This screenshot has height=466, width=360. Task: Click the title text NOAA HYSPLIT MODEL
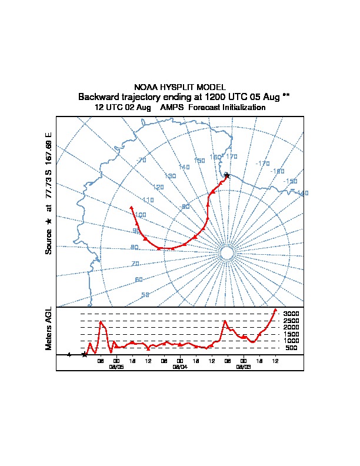click(179, 87)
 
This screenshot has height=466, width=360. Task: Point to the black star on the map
click(227, 175)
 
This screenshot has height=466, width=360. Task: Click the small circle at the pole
click(226, 253)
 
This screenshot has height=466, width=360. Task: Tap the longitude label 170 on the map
click(231, 157)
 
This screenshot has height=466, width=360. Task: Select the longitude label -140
click(302, 193)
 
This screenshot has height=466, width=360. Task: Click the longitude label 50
click(145, 295)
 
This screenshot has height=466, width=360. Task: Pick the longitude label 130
click(171, 176)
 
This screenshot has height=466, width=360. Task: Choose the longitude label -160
click(278, 171)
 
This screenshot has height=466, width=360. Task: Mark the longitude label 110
click(148, 200)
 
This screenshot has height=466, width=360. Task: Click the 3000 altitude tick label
click(291, 314)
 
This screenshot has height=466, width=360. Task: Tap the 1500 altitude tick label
click(291, 334)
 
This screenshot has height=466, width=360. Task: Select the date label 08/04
click(180, 366)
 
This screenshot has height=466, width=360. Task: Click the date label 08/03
click(243, 366)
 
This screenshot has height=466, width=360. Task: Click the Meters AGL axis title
click(49, 328)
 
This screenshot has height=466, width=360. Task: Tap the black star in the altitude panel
click(85, 354)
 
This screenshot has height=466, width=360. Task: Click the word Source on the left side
click(49, 241)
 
